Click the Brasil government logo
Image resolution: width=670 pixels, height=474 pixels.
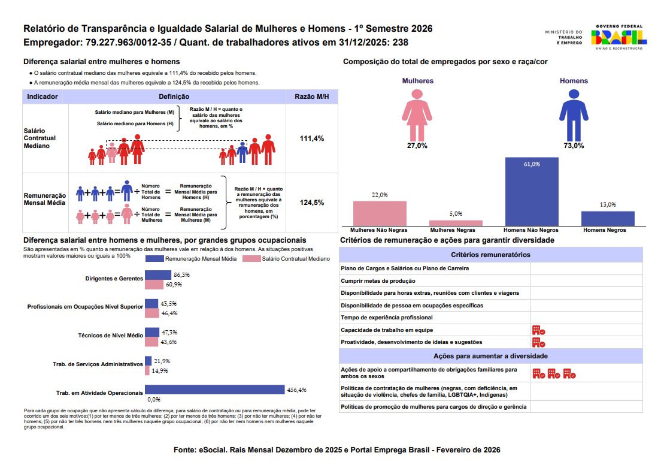(x=619, y=37)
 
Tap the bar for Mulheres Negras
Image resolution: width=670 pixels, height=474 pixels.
(x=456, y=222)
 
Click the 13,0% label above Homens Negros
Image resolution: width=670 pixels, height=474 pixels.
(x=608, y=205)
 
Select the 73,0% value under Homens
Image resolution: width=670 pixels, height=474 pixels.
(x=574, y=146)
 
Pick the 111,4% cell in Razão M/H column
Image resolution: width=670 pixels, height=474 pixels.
(x=311, y=138)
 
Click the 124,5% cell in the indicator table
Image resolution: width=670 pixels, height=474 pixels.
(x=311, y=203)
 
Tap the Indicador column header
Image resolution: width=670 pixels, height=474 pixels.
(x=43, y=96)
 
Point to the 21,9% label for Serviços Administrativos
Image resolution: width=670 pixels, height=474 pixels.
(x=162, y=361)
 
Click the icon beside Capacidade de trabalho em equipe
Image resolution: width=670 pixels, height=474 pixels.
(x=538, y=330)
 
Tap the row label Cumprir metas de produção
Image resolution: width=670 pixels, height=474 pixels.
(x=378, y=281)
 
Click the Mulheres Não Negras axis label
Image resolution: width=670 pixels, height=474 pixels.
(x=379, y=230)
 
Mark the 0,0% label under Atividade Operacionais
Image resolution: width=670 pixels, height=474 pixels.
(x=154, y=399)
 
